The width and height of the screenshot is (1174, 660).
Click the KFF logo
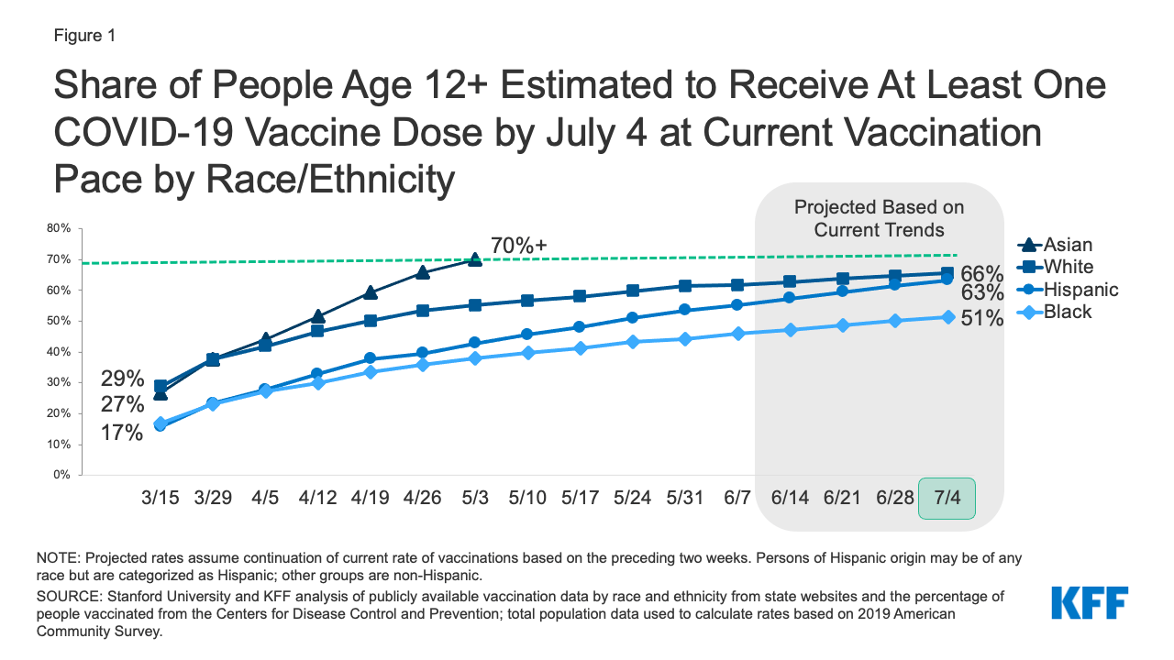coord(1090,604)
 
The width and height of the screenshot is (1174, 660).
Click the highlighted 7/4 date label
coord(947,498)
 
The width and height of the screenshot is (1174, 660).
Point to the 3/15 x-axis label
coord(161,498)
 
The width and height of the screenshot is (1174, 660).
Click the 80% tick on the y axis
coord(60,228)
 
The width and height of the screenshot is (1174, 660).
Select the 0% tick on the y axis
coord(62,475)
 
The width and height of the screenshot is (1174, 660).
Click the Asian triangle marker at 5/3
coord(475,259)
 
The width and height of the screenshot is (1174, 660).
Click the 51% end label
coord(981,321)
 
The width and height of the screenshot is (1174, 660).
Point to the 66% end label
coord(981,273)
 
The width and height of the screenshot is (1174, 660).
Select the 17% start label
coord(122,432)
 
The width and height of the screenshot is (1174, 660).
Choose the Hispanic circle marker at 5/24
coord(633,318)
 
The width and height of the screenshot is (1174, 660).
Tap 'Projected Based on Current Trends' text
coord(879,218)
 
